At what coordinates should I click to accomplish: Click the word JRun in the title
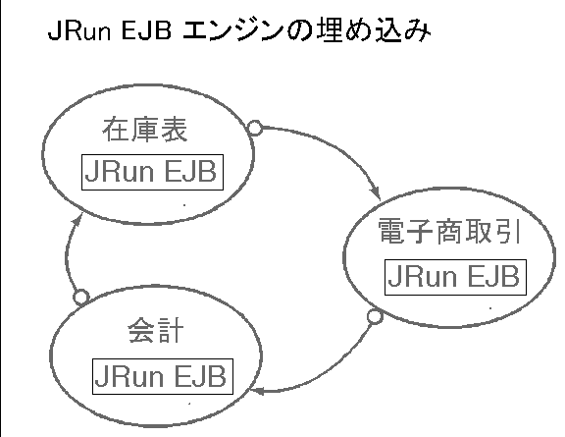(79, 30)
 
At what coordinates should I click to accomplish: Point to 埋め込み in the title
(374, 30)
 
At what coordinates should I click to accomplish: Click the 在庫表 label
(145, 130)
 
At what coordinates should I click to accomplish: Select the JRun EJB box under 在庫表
(152, 172)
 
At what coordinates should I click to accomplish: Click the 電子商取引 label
(449, 231)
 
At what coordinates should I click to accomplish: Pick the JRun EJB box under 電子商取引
(455, 277)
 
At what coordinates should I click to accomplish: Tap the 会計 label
(156, 329)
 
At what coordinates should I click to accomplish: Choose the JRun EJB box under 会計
(163, 376)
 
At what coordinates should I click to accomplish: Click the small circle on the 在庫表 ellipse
(255, 128)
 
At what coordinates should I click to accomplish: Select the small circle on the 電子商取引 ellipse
(375, 316)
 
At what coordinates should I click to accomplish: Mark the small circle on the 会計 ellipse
(81, 297)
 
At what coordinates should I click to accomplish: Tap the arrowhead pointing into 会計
(257, 391)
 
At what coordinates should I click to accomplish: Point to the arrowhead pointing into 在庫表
(77, 219)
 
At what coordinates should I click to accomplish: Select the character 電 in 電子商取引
(391, 231)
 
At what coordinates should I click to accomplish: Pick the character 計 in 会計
(170, 329)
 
